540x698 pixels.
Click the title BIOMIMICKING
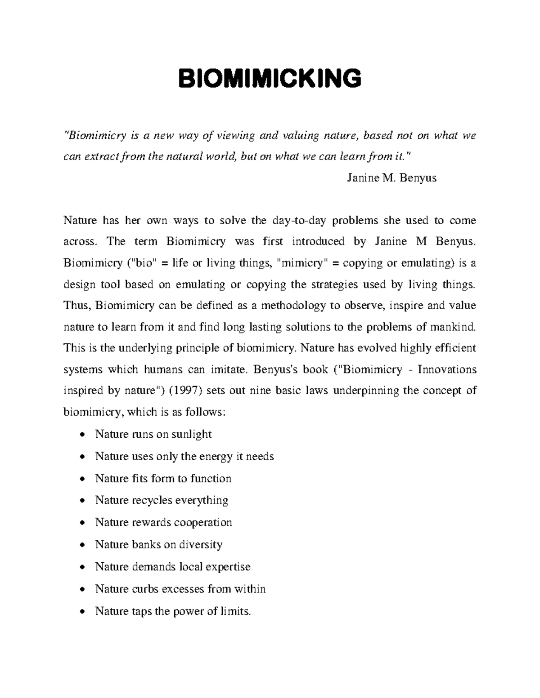[x=270, y=79]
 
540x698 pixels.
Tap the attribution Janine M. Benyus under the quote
[x=391, y=178]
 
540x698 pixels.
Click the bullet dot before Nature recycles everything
[x=81, y=501]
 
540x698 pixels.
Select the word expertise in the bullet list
[x=228, y=567]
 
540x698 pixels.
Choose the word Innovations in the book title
[x=447, y=369]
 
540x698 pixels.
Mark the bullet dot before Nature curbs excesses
[x=81, y=589]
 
